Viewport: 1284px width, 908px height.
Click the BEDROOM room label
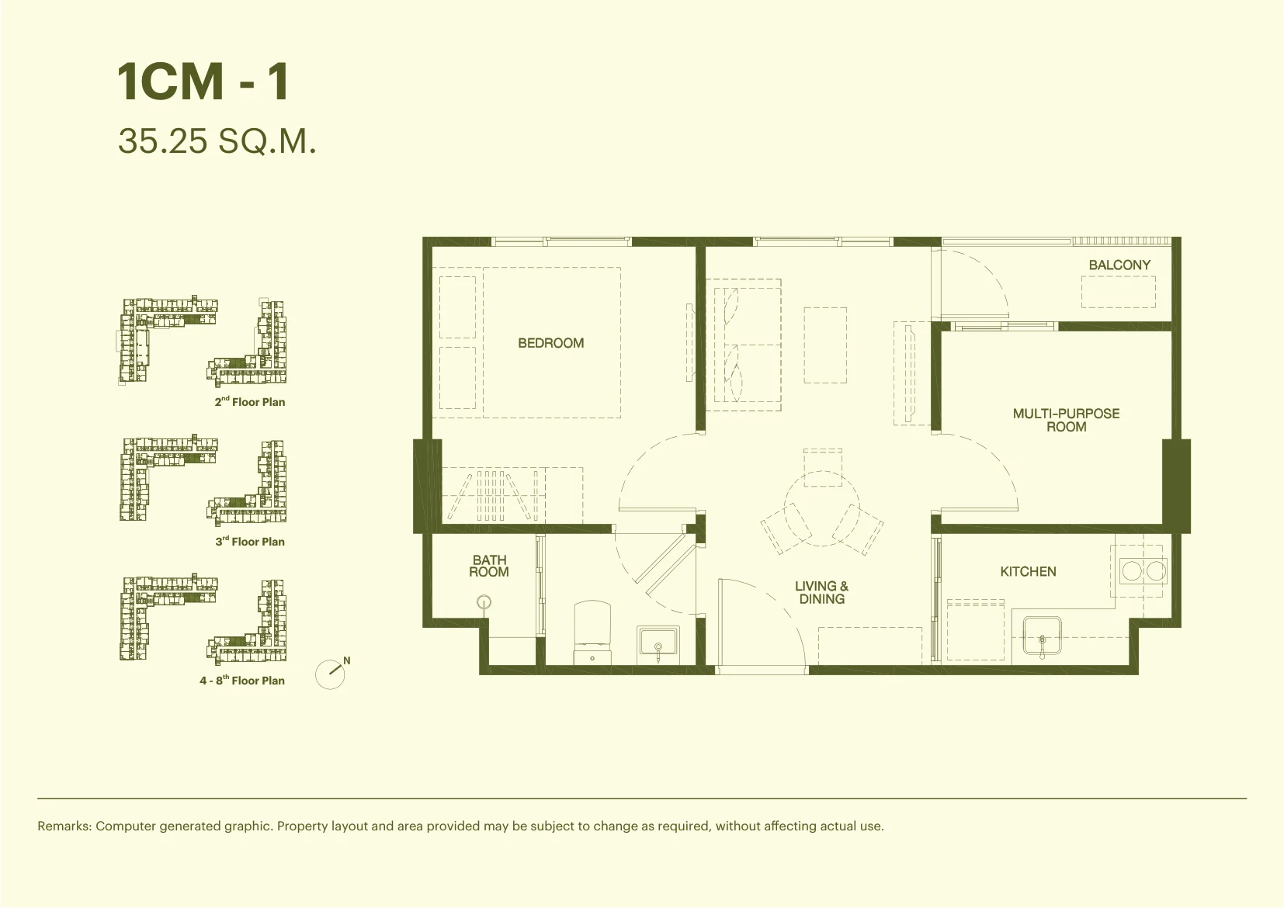[551, 343]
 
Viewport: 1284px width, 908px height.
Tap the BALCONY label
[1119, 265]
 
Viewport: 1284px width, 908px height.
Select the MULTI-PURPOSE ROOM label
[1066, 420]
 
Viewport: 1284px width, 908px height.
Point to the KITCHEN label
[1028, 571]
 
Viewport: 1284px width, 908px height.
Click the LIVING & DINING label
[821, 592]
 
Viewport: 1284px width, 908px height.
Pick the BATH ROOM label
[489, 566]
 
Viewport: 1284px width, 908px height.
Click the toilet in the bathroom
[592, 632]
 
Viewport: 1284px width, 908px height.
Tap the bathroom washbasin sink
[658, 643]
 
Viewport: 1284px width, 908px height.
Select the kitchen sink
[1042, 636]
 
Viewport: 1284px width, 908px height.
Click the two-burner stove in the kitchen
[1143, 570]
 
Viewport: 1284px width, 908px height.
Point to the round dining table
[822, 508]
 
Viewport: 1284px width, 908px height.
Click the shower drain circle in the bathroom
[484, 602]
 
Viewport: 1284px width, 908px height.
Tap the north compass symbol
[331, 674]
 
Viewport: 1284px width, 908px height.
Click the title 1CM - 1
[203, 82]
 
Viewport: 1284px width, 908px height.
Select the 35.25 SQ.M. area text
[217, 141]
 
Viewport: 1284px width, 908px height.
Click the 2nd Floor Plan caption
[250, 401]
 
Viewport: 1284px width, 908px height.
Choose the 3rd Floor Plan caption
[250, 541]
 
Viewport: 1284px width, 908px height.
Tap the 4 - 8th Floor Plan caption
[242, 680]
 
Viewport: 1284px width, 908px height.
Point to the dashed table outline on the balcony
[1119, 292]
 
